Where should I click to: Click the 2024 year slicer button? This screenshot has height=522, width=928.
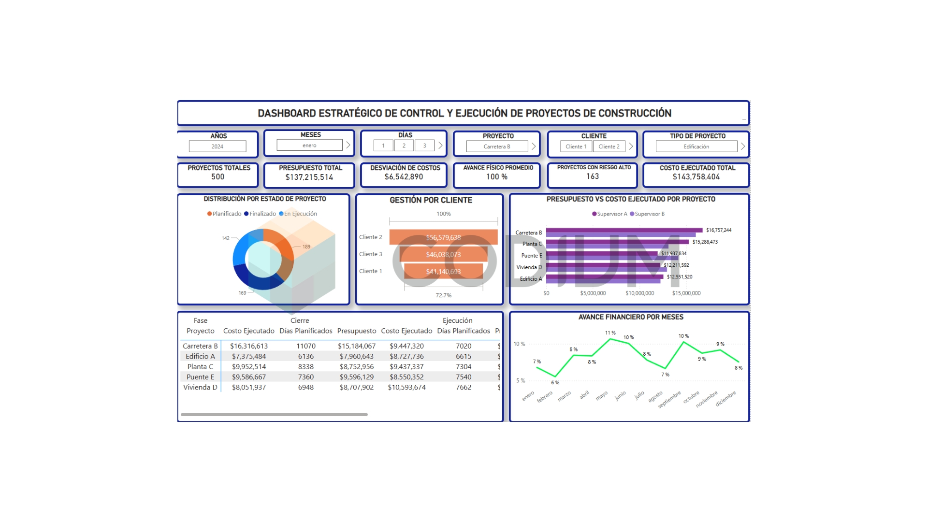click(217, 146)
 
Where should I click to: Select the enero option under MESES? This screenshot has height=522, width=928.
click(309, 145)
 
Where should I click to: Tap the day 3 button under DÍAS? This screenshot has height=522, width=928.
click(424, 145)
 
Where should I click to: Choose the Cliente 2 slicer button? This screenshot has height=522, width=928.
click(609, 146)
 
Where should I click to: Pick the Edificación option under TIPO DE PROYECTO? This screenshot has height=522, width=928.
click(696, 146)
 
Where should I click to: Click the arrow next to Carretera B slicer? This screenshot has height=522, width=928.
click(534, 146)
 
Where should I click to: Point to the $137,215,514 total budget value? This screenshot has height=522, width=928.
click(309, 177)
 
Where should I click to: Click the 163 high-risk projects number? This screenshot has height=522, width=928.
click(593, 176)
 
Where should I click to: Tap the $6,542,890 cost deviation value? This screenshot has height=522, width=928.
click(404, 177)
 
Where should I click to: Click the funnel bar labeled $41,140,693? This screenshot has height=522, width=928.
click(443, 272)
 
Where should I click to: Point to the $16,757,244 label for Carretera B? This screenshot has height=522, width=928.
click(718, 230)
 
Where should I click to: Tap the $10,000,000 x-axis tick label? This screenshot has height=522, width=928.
click(639, 293)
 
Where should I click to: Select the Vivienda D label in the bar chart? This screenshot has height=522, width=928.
click(529, 267)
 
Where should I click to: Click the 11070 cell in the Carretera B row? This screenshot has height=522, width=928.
click(305, 346)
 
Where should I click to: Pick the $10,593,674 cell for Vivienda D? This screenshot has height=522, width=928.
click(406, 387)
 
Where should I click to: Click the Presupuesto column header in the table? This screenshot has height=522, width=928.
click(356, 331)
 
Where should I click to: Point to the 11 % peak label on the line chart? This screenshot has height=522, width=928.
click(610, 333)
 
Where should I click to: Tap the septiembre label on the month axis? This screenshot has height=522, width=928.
click(670, 399)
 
